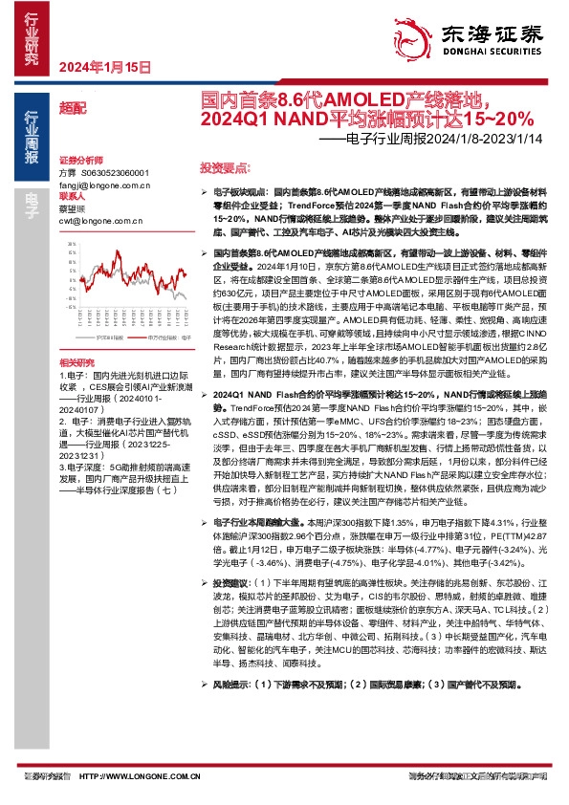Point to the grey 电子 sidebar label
(x=32, y=198)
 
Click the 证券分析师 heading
(x=80, y=159)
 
